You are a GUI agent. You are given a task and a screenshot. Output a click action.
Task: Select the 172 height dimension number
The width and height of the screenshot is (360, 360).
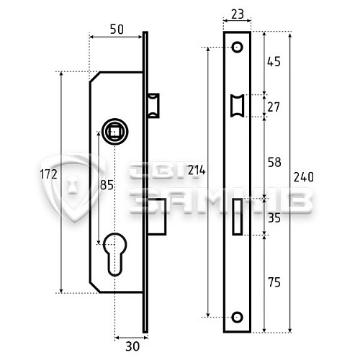49,175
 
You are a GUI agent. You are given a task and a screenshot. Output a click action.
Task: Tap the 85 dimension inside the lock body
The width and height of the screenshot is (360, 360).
107,185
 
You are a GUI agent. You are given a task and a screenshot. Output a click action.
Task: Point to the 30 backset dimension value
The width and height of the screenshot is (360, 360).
130,343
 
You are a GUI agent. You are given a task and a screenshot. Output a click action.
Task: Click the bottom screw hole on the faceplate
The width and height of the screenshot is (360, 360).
236,316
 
